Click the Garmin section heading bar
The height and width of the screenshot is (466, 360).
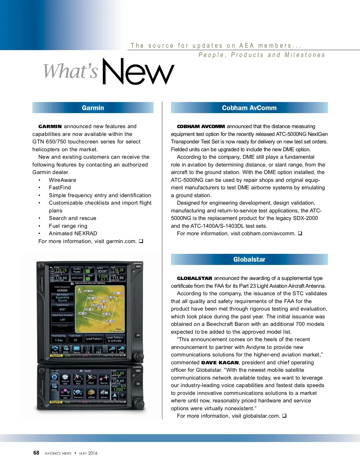[93, 108]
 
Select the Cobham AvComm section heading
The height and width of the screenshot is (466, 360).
[249, 108]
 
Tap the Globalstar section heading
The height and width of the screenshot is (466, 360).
[249, 260]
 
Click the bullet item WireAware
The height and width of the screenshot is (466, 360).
[62, 180]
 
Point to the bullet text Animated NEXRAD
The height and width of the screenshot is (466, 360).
[73, 233]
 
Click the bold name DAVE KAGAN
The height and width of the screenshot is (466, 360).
[220, 362]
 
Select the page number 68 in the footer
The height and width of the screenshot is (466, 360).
[36, 453]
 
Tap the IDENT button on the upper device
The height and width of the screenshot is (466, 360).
[103, 271]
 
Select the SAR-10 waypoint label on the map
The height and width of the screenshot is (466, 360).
[117, 293]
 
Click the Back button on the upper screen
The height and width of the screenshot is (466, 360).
[55, 350]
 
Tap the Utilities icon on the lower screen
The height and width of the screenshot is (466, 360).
[91, 393]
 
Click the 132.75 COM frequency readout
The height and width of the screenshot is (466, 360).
[61, 270]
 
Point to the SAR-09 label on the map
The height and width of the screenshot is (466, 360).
[110, 321]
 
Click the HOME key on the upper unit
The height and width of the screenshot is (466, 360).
[138, 266]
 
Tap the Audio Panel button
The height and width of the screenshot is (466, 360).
[77, 270]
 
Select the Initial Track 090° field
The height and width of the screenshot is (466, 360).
[62, 308]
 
